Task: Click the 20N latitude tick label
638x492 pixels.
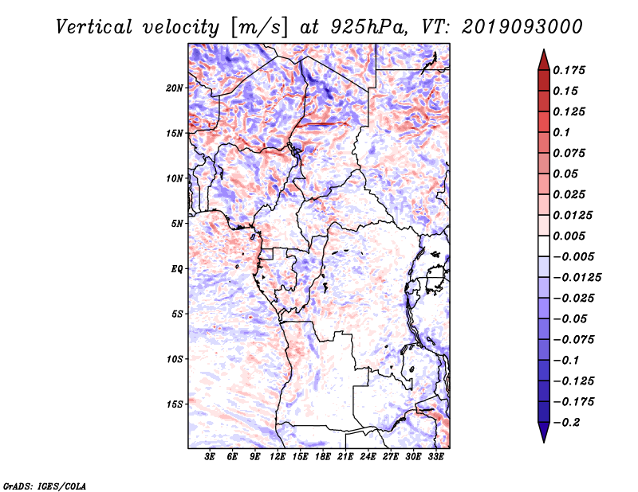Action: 175,88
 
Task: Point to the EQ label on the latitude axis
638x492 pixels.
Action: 176,269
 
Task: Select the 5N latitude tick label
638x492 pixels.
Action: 177,224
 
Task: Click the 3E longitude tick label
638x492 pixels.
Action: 210,456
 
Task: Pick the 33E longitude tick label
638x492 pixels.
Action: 435,456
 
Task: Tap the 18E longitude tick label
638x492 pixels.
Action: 323,456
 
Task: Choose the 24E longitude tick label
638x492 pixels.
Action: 368,456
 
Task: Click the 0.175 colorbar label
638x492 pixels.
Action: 569,70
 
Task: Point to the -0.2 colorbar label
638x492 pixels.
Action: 567,423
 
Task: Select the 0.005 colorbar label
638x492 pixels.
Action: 569,236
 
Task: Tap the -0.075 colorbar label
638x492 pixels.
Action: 574,340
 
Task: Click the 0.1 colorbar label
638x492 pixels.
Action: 561,132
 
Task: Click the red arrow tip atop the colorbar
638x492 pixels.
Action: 544,50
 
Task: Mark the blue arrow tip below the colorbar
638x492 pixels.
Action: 544,442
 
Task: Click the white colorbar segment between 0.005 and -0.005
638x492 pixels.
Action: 544,246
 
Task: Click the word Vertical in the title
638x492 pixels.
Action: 93,27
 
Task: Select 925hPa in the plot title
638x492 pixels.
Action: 368,27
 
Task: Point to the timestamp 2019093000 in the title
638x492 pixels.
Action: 522,27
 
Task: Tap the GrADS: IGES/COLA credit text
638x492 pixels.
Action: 45,486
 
